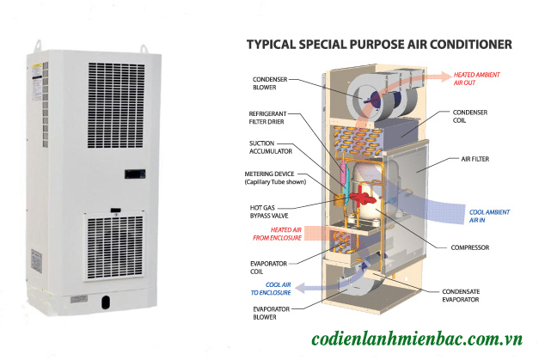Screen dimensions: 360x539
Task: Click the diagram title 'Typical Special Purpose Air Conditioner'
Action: tap(379, 43)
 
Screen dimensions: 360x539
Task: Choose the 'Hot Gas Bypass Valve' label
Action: tap(265, 211)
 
